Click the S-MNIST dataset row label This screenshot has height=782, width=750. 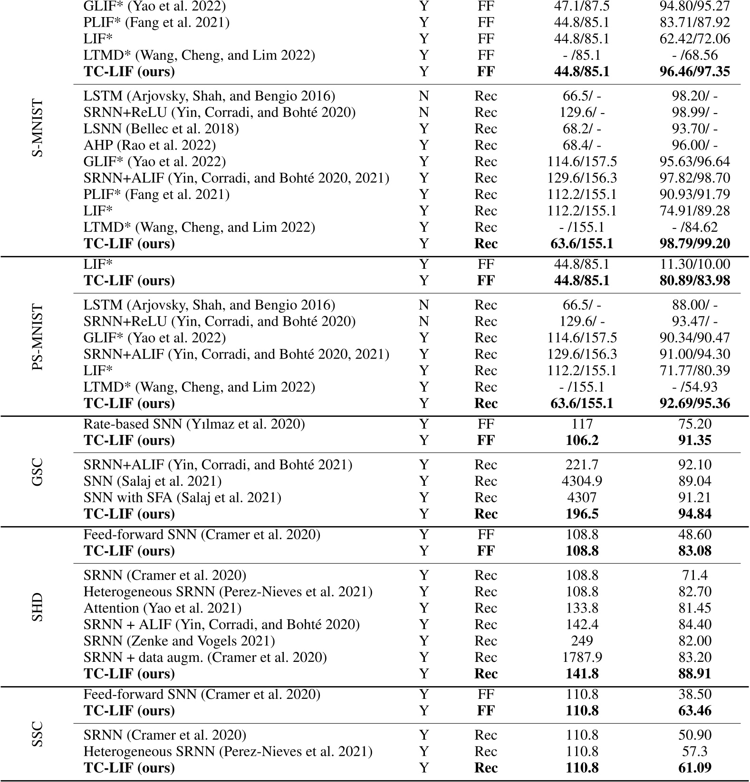click(x=38, y=128)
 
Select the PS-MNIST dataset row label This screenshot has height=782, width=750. click(x=38, y=337)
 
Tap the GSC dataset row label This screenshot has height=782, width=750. click(x=38, y=471)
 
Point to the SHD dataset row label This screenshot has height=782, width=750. click(x=38, y=607)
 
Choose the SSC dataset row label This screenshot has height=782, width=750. click(x=38, y=734)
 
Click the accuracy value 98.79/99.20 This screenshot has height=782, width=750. click(x=694, y=244)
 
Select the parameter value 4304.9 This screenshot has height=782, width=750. click(x=582, y=481)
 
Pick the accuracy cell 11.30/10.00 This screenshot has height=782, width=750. click(x=694, y=264)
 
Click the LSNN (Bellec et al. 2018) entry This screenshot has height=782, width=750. click(x=161, y=129)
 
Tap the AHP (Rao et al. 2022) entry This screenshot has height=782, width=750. click(x=149, y=145)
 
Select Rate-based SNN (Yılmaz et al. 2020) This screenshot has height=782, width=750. click(x=194, y=424)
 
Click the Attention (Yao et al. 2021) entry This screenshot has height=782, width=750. click(x=162, y=608)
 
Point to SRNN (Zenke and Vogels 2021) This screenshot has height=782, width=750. click(x=179, y=641)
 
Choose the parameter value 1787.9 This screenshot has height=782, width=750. click(x=582, y=658)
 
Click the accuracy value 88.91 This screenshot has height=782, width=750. click(x=694, y=674)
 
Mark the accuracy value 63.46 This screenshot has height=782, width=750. click(x=694, y=711)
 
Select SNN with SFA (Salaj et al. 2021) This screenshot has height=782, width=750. click(x=182, y=498)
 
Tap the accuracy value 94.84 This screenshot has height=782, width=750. click(x=694, y=514)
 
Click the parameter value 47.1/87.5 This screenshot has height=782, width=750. click(x=582, y=6)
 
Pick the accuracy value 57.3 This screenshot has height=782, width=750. click(x=694, y=752)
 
